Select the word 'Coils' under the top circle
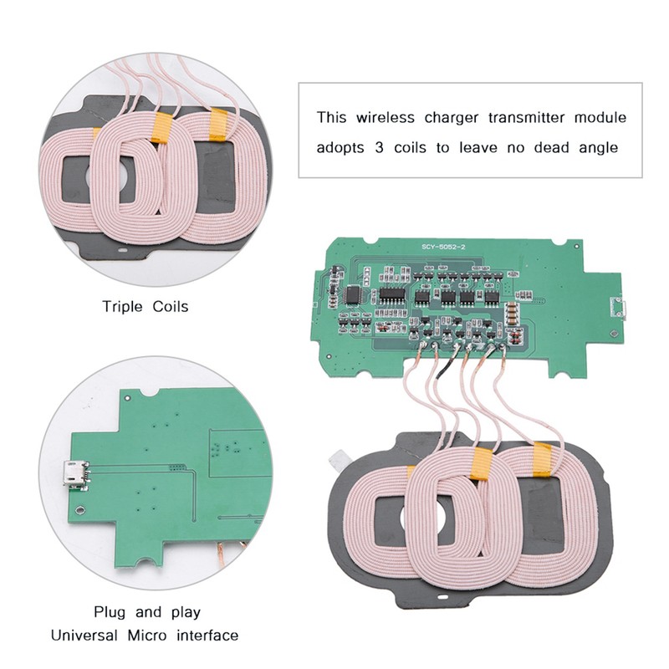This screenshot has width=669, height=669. tap(171, 306)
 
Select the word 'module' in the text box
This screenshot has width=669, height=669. tap(595, 117)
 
